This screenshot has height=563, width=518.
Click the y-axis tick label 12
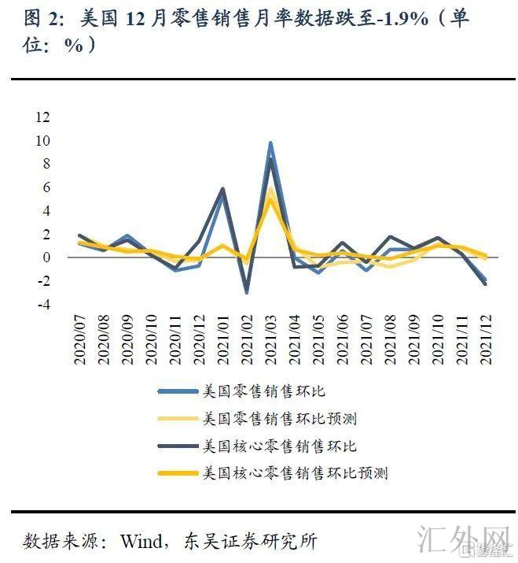click(x=42, y=117)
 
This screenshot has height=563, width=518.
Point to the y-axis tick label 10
click(x=42, y=141)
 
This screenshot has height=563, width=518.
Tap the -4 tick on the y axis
click(x=42, y=304)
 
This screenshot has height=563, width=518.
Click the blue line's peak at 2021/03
click(x=270, y=143)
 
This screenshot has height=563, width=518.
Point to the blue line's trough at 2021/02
click(x=247, y=292)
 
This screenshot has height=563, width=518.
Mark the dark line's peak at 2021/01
click(x=223, y=189)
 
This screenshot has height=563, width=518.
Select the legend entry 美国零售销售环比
click(x=263, y=391)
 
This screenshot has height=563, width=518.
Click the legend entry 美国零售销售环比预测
click(x=279, y=418)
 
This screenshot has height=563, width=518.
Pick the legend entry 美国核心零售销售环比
click(x=279, y=446)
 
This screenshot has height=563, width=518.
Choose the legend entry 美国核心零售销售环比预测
click(x=295, y=473)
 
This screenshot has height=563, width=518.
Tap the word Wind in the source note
click(x=141, y=541)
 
